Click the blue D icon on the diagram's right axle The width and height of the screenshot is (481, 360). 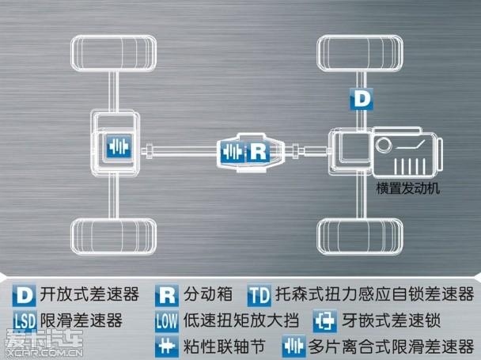pos(360,99)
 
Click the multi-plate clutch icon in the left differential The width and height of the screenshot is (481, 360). pos(116,148)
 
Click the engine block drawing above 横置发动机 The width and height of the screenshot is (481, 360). pos(403,155)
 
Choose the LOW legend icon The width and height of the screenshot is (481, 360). pos(166,322)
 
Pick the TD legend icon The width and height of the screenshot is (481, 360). pos(259,296)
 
